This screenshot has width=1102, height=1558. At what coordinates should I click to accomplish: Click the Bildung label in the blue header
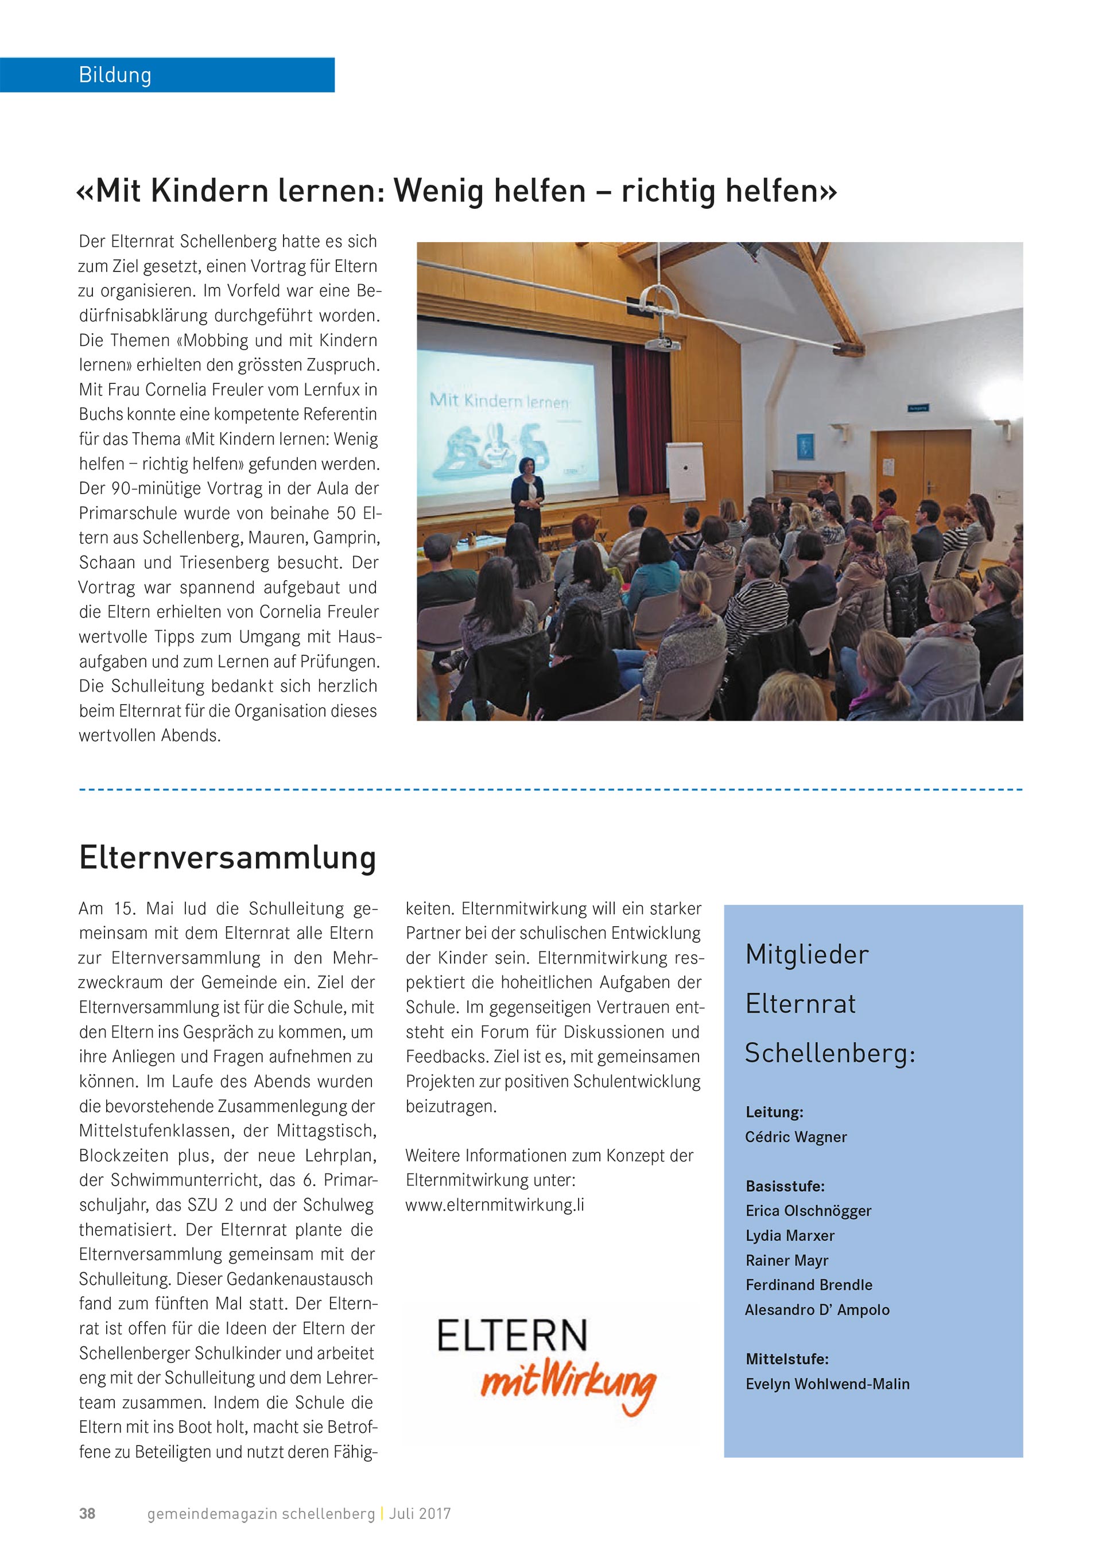pos(115,75)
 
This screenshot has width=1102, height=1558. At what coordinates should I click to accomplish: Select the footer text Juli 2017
pos(420,1513)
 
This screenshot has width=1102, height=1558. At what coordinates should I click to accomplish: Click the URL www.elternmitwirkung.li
pos(495,1205)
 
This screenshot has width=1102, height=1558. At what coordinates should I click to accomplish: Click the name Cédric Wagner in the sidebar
pos(796,1137)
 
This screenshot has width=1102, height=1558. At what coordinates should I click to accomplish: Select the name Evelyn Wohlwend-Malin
pos(827,1384)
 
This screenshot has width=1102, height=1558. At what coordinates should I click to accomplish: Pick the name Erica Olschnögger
pos(808,1211)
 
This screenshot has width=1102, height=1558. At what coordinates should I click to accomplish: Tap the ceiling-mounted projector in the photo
pos(662,343)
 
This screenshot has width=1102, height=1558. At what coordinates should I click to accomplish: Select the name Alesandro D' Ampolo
pos(817,1310)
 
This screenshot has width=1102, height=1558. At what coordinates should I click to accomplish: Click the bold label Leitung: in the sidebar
pos(774,1112)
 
